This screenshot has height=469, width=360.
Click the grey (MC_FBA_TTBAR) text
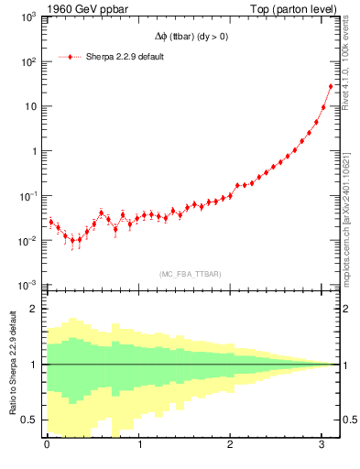click(x=190, y=273)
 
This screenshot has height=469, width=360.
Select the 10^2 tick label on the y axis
click(x=27, y=62)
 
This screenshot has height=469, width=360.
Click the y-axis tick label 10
click(x=28, y=107)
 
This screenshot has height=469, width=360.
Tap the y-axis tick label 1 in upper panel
click(x=32, y=152)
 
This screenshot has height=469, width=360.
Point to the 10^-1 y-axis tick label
click(x=27, y=196)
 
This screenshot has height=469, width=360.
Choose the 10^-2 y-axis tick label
click(x=27, y=241)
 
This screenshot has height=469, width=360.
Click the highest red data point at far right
click(x=331, y=87)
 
